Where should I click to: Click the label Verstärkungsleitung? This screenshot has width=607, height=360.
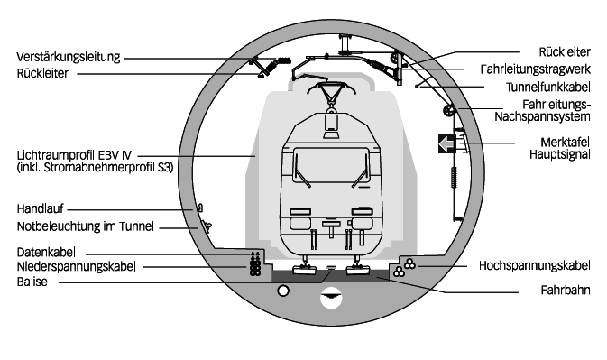click(x=69, y=57)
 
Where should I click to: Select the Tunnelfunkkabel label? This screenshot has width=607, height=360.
click(x=547, y=88)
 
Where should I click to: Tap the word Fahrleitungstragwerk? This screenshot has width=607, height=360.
click(x=536, y=69)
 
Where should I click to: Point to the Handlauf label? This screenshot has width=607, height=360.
click(x=40, y=209)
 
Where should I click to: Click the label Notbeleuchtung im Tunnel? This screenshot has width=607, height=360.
click(x=85, y=226)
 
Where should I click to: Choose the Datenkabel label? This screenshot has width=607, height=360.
click(x=46, y=253)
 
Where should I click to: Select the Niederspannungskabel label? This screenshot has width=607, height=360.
click(x=77, y=267)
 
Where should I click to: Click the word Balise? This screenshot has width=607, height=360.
click(x=32, y=282)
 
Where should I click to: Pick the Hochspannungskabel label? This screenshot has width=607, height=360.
click(x=534, y=265)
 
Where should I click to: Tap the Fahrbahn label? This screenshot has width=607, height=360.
click(x=566, y=290)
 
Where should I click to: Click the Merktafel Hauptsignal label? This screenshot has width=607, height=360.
click(x=560, y=148)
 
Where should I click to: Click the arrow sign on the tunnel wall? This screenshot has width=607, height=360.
click(x=446, y=144)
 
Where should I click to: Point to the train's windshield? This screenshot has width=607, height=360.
click(x=331, y=165)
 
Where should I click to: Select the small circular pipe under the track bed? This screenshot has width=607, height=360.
click(x=283, y=291)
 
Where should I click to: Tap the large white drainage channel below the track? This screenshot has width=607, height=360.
click(x=331, y=299)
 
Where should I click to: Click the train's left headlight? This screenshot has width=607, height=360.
click(x=300, y=224)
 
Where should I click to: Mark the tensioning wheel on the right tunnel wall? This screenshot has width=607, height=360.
click(x=449, y=111)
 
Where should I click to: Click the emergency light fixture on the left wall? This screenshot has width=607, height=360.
click(x=206, y=226)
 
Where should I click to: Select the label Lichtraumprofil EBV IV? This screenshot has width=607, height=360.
click(x=74, y=155)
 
